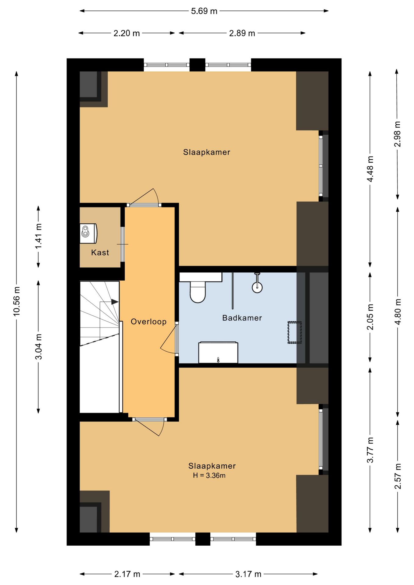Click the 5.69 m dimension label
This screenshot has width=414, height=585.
coord(204,11)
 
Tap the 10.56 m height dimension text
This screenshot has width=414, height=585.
coord(16,301)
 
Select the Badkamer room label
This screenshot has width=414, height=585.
coord(242,318)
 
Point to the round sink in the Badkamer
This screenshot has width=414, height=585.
coord(257,287)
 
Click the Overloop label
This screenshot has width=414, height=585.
coord(148,321)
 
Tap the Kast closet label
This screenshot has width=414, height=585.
coord(100,252)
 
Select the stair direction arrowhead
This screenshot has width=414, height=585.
coord(115,302)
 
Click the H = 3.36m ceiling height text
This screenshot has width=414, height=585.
coord(209,475)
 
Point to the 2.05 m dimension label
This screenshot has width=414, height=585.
coord(370,317)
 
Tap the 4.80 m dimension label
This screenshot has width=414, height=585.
coord(398,312)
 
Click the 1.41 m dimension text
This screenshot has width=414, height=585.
coord(38,236)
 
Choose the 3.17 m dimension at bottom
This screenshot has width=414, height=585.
coord(248,574)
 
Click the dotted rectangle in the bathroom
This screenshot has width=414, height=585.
coord(294,332)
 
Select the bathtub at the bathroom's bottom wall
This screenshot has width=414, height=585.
coord(218,353)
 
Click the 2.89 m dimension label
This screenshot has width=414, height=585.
coord(242,33)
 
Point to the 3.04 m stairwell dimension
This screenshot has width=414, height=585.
coord(38,347)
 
